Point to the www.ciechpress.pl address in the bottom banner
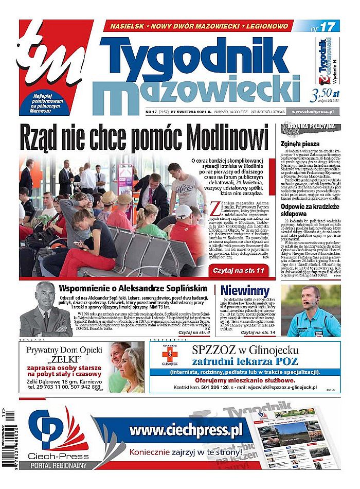186,430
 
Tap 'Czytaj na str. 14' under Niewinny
261,333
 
